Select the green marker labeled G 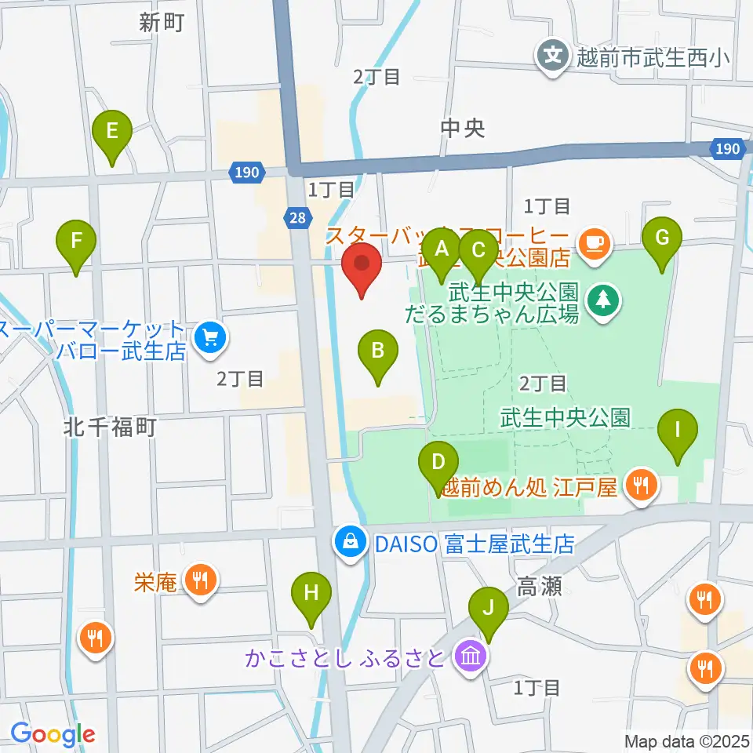(x=662, y=238)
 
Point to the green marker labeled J (x=488, y=609)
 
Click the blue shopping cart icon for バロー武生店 (x=209, y=339)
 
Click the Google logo (x=53, y=735)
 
